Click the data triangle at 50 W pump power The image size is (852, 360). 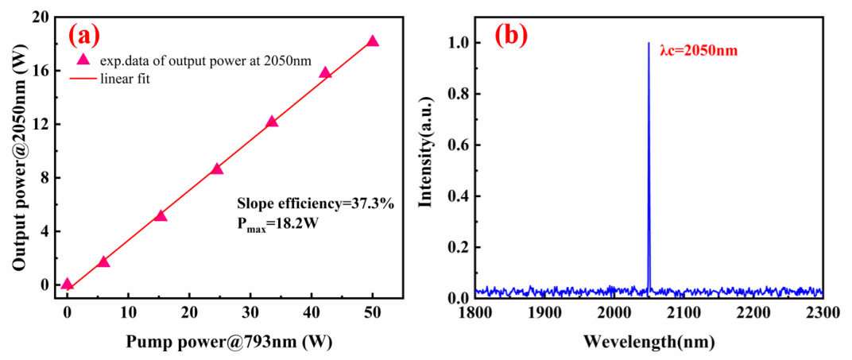372,41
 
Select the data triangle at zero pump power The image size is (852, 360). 67,284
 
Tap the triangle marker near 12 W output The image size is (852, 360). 272,121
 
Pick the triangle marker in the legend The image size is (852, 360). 83,59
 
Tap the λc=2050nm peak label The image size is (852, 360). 698,52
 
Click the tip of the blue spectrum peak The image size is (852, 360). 649,43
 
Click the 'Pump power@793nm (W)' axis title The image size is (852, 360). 229,342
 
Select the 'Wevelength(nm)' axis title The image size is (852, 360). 649,343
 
